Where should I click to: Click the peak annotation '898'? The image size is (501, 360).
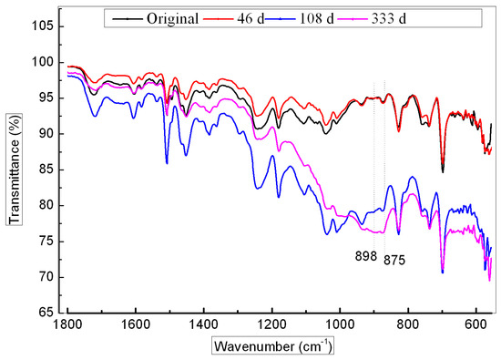(x=365, y=257)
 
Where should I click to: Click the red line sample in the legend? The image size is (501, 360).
(x=243, y=17)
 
